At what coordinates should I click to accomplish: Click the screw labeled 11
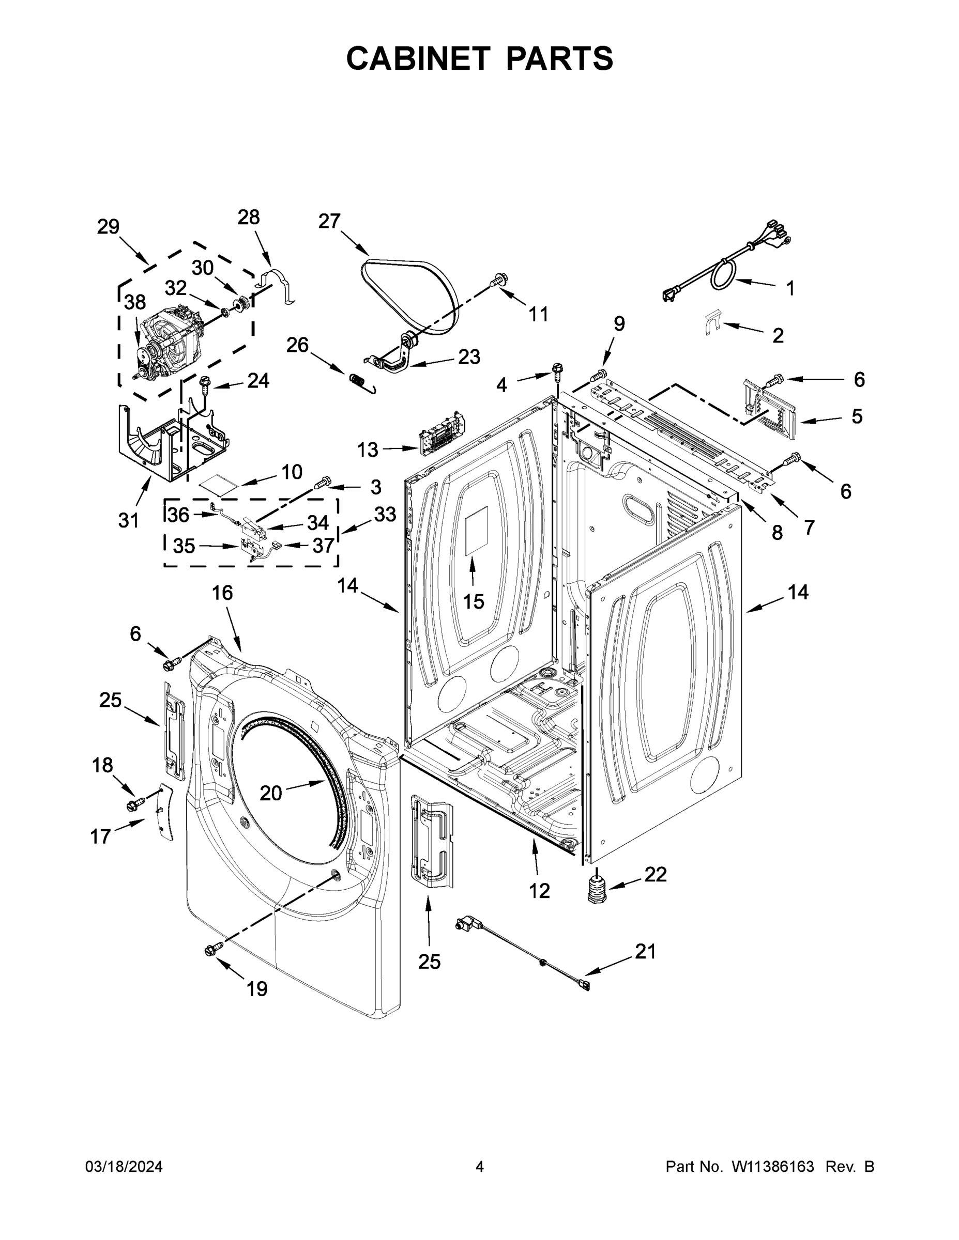pos(498,279)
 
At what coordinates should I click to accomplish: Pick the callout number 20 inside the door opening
pos(270,793)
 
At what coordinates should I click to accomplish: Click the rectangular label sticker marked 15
pos(476,535)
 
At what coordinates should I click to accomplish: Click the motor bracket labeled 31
pos(171,448)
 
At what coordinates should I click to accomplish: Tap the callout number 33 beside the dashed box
pos(385,515)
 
